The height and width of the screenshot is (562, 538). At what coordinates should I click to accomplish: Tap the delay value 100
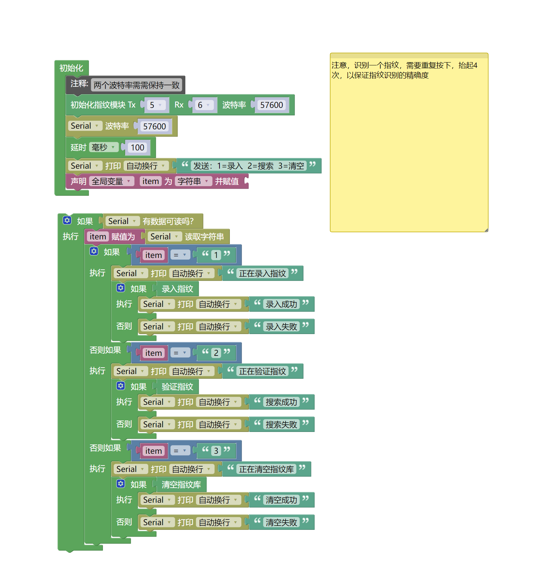click(137, 148)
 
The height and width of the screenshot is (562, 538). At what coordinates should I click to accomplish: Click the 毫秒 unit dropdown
click(103, 147)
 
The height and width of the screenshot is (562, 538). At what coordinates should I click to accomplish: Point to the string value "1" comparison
click(216, 255)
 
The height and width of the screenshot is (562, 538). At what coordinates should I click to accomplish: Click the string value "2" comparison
click(216, 353)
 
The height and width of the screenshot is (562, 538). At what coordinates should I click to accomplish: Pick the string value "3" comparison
click(216, 451)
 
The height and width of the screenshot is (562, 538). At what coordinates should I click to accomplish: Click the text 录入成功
click(281, 304)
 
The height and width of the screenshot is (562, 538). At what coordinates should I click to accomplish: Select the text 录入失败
click(281, 327)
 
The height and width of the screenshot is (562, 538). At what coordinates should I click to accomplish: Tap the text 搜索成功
click(281, 402)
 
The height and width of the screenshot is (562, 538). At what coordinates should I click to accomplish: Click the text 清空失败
click(281, 523)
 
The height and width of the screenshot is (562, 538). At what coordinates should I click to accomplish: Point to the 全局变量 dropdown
click(111, 181)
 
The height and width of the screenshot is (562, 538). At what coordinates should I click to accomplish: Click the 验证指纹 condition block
click(177, 387)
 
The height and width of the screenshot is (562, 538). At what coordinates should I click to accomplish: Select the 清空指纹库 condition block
click(181, 485)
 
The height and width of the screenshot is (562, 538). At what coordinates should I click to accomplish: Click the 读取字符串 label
click(204, 237)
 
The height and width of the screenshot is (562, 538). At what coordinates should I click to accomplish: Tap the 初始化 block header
click(71, 68)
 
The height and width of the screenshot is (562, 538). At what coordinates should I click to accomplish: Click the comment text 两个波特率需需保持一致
click(136, 85)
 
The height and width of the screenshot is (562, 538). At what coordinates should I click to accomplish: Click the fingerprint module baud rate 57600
click(271, 105)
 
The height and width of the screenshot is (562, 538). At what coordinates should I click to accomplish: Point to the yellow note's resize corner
click(486, 230)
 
